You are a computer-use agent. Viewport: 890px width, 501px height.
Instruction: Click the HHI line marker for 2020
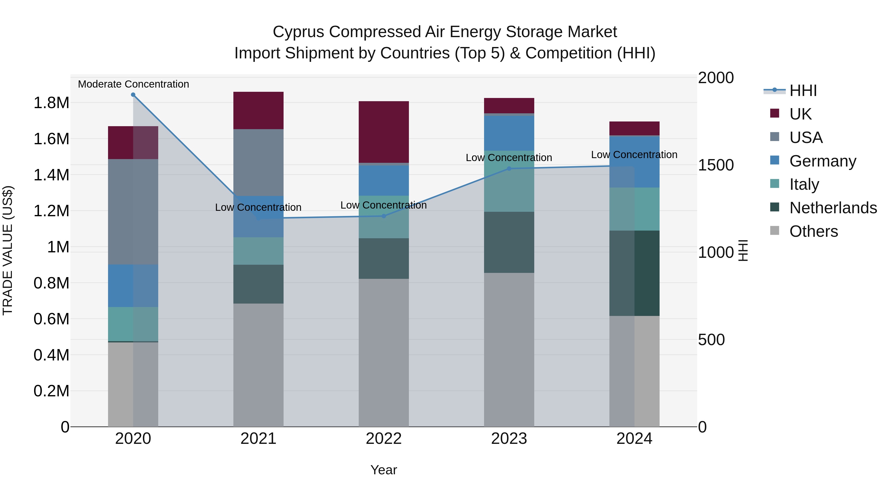point(133,95)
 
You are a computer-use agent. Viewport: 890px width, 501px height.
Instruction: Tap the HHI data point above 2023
point(509,169)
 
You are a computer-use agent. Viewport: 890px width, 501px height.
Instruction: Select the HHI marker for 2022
point(383,216)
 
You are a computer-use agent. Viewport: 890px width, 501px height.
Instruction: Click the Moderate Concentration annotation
point(133,84)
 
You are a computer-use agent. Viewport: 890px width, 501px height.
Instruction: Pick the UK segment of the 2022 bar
point(383,132)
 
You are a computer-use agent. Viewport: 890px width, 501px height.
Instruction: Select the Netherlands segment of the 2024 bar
point(634,273)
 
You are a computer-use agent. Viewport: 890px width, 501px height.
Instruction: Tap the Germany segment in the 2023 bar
point(509,133)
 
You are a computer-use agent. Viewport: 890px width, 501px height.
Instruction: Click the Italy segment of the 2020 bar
point(133,324)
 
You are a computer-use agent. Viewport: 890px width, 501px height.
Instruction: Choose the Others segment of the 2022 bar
point(383,353)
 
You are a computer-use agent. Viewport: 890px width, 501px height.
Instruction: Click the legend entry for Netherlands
point(833,208)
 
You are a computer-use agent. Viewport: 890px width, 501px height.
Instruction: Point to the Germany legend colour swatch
point(775,160)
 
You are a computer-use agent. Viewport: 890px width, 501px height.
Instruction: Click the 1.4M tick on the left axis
point(51,175)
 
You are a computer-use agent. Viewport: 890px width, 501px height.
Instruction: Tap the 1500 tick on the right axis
point(715,165)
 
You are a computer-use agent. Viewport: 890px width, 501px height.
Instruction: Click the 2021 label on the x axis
point(258,439)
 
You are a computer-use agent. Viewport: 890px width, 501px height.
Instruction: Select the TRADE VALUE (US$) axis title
point(8,250)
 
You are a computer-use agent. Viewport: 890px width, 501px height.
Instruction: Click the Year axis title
point(383,470)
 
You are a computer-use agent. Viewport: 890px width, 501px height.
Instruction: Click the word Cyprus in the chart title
point(298,32)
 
